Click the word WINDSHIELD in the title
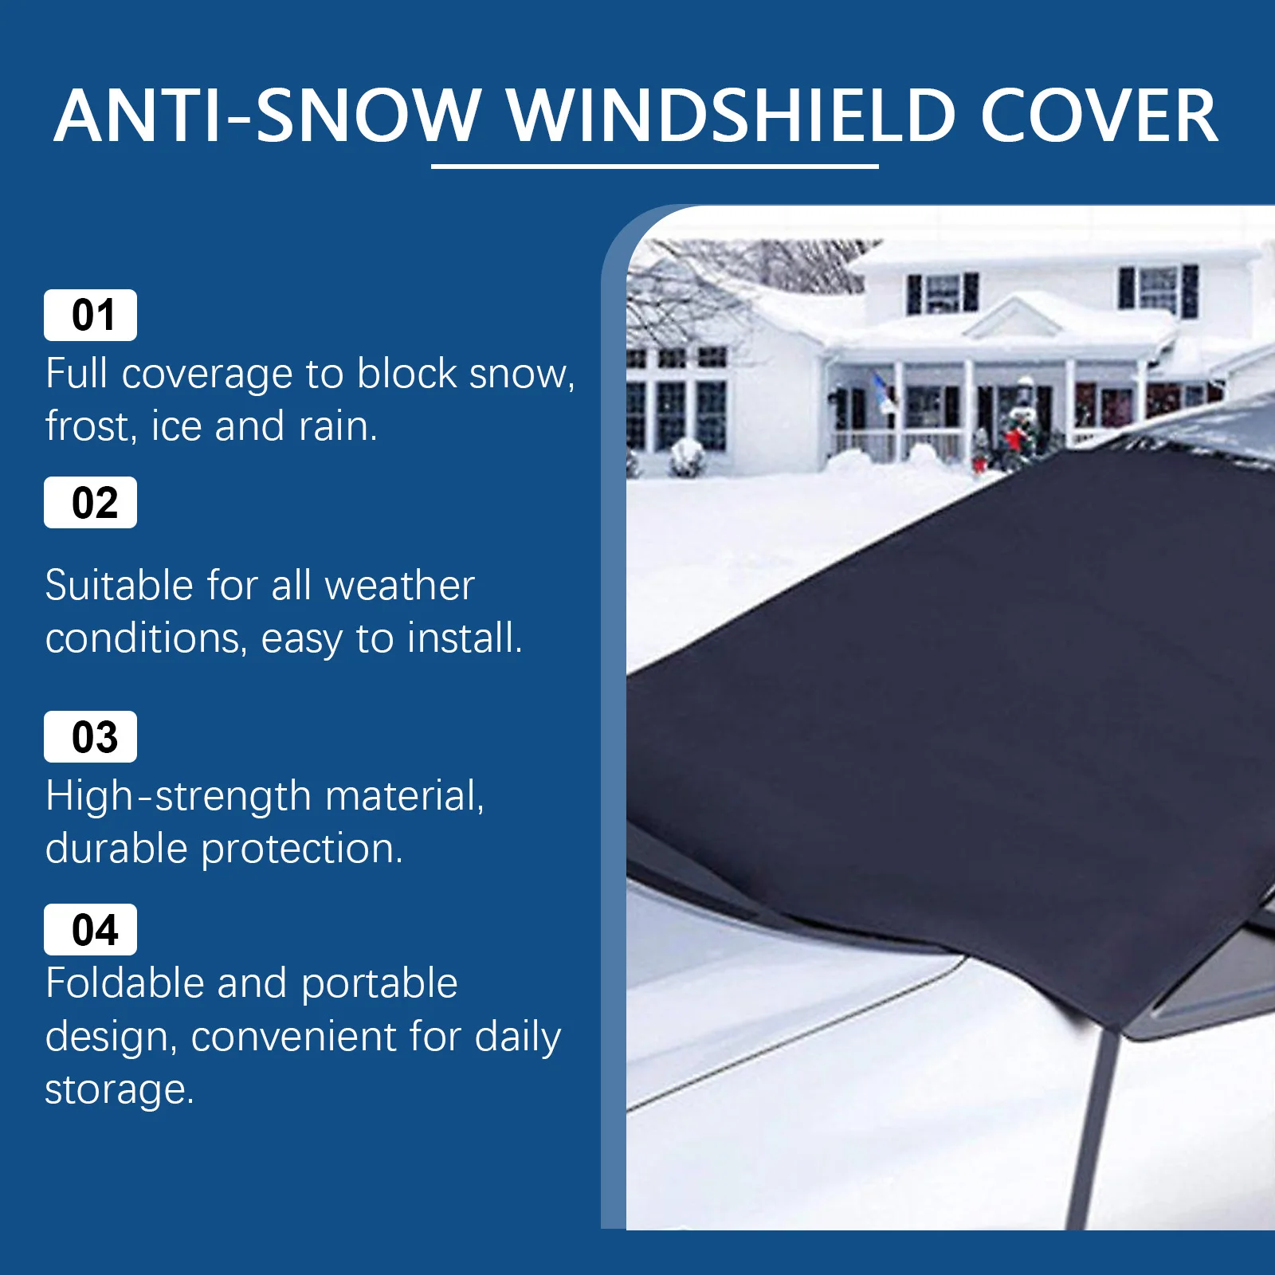(x=731, y=116)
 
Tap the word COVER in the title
(x=1099, y=116)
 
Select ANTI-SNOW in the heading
(x=267, y=116)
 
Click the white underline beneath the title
(x=655, y=166)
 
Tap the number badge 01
(x=90, y=315)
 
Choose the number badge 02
(x=90, y=502)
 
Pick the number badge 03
(x=90, y=736)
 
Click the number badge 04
(x=90, y=929)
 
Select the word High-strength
(x=178, y=796)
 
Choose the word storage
(x=119, y=1090)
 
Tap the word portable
(x=379, y=984)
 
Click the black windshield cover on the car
(x=956, y=717)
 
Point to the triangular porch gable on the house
(x=1013, y=316)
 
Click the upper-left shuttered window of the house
(x=943, y=293)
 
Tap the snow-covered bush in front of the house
(x=687, y=458)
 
